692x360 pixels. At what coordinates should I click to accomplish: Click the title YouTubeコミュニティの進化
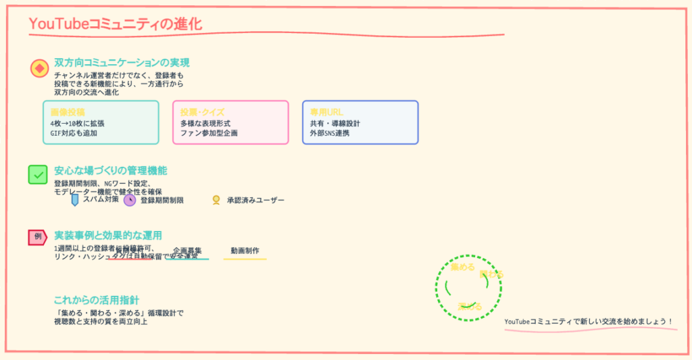[116, 24]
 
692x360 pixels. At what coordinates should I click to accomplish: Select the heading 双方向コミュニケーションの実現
[122, 62]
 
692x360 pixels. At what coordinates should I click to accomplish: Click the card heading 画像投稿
[68, 111]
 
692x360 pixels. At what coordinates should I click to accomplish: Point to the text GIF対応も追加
[74, 133]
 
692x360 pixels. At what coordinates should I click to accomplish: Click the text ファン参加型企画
[209, 133]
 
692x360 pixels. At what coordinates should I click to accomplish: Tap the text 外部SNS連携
[330, 133]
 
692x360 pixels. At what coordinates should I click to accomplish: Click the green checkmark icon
[38, 174]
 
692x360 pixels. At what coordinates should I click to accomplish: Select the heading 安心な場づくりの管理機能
[111, 170]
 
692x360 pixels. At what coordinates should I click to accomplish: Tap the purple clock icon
[130, 200]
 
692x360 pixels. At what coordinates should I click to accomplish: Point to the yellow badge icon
[216, 200]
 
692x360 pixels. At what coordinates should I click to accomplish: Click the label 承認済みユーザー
[256, 200]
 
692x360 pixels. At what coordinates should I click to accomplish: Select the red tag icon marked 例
[37, 236]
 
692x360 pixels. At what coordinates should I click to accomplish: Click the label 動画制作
[245, 251]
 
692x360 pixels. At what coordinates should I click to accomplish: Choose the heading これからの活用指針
[97, 300]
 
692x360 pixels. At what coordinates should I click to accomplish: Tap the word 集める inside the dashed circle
[463, 267]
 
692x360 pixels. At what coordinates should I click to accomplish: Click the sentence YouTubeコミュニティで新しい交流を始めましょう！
[589, 321]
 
